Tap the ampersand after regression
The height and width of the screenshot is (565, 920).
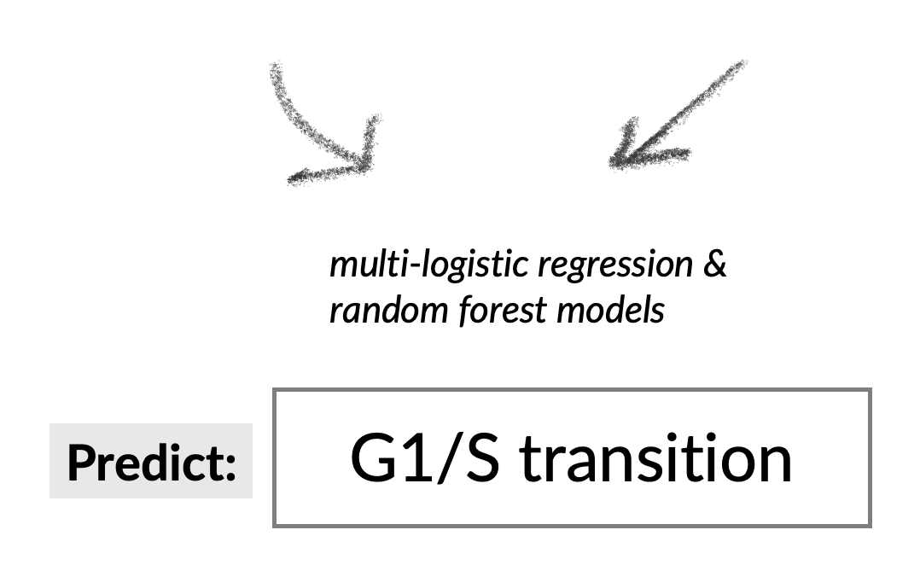(715, 265)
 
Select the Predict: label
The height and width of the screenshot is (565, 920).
(151, 462)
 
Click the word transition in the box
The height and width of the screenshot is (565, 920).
(655, 458)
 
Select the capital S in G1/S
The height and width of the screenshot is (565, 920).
(479, 458)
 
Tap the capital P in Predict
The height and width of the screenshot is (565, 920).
(81, 462)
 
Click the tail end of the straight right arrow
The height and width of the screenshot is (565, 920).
(741, 65)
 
